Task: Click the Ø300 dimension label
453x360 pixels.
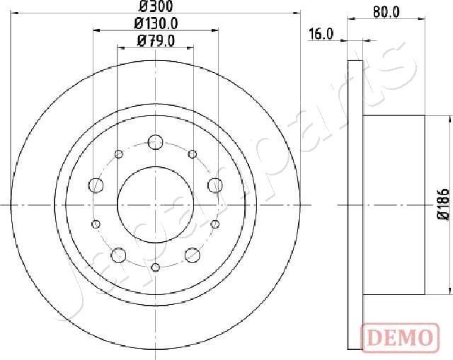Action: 156,7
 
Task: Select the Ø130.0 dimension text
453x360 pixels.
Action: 156,23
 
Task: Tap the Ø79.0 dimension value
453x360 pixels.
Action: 156,40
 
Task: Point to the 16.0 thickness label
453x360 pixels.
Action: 321,34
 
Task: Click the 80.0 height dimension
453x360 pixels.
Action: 386,11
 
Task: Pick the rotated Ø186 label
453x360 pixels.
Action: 442,205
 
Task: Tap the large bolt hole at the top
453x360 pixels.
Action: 155,141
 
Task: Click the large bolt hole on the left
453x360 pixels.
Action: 95,185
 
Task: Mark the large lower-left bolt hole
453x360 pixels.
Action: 118,255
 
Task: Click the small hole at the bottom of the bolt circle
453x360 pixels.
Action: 155,267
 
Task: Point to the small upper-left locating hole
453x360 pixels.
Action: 118,153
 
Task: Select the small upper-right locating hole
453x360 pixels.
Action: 192,153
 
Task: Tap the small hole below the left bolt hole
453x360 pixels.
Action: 95,223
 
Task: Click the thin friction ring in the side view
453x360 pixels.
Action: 355,204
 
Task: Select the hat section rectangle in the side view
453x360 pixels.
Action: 393,204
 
